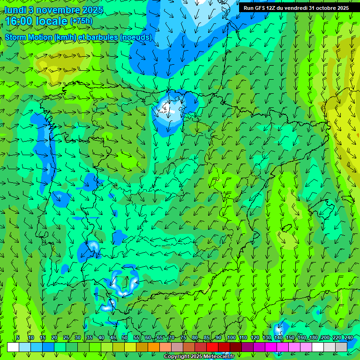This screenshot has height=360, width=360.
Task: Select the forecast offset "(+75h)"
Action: point(81,21)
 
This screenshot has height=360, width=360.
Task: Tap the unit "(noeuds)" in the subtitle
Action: point(135,37)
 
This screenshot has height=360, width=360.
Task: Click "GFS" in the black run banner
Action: point(260,8)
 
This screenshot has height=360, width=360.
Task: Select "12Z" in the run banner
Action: point(272,8)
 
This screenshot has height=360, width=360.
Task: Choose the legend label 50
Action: point(124,338)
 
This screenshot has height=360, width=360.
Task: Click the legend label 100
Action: point(231,338)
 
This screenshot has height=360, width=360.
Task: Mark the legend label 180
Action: point(313,338)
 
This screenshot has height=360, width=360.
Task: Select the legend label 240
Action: point(348,338)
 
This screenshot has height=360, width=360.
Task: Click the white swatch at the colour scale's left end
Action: point(13,347)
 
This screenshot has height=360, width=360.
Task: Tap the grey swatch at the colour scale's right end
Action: point(341,347)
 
